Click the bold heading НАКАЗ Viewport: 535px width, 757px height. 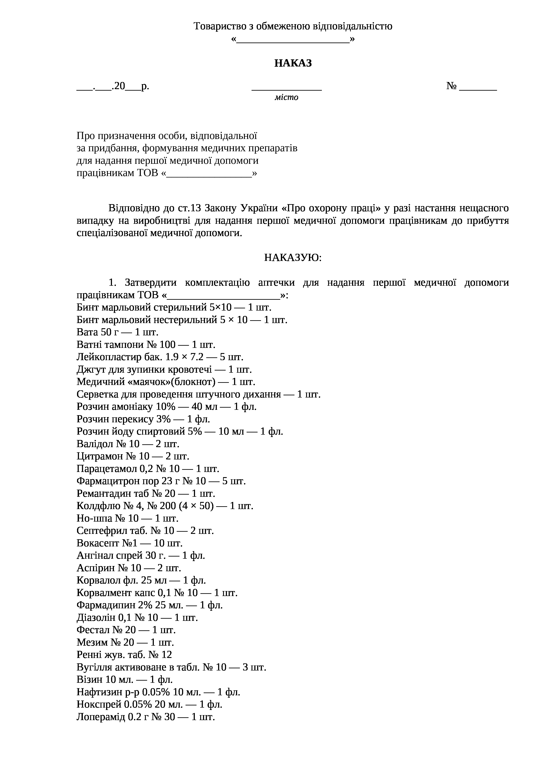point(293,63)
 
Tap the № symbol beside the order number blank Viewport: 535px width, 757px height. point(451,86)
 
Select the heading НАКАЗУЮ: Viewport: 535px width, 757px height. point(293,257)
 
